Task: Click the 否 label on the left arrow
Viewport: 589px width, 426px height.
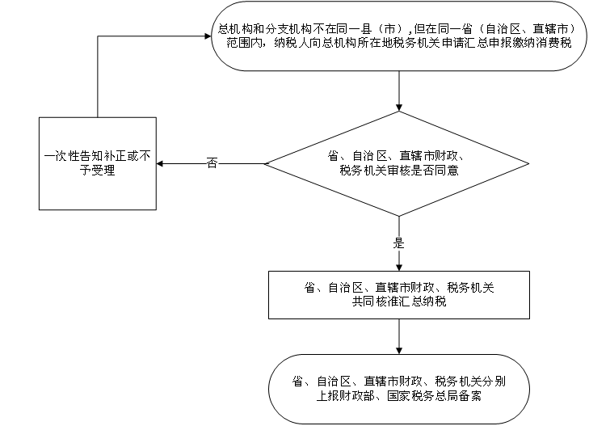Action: [x=212, y=163]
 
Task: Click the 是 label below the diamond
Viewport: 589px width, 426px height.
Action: [x=398, y=243]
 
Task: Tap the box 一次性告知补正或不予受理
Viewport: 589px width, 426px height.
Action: [x=98, y=163]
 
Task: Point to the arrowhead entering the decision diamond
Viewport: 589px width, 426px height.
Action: [x=399, y=108]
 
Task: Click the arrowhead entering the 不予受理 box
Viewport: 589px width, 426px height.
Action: [x=160, y=164]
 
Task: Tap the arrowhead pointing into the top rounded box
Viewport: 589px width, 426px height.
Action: [x=208, y=36]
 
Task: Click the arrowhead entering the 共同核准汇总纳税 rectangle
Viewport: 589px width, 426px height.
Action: [x=399, y=267]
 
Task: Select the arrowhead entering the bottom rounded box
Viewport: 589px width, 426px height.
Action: [x=399, y=350]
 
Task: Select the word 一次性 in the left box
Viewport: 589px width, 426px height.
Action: [x=61, y=156]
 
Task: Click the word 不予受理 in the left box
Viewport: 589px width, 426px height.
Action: [x=97, y=171]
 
